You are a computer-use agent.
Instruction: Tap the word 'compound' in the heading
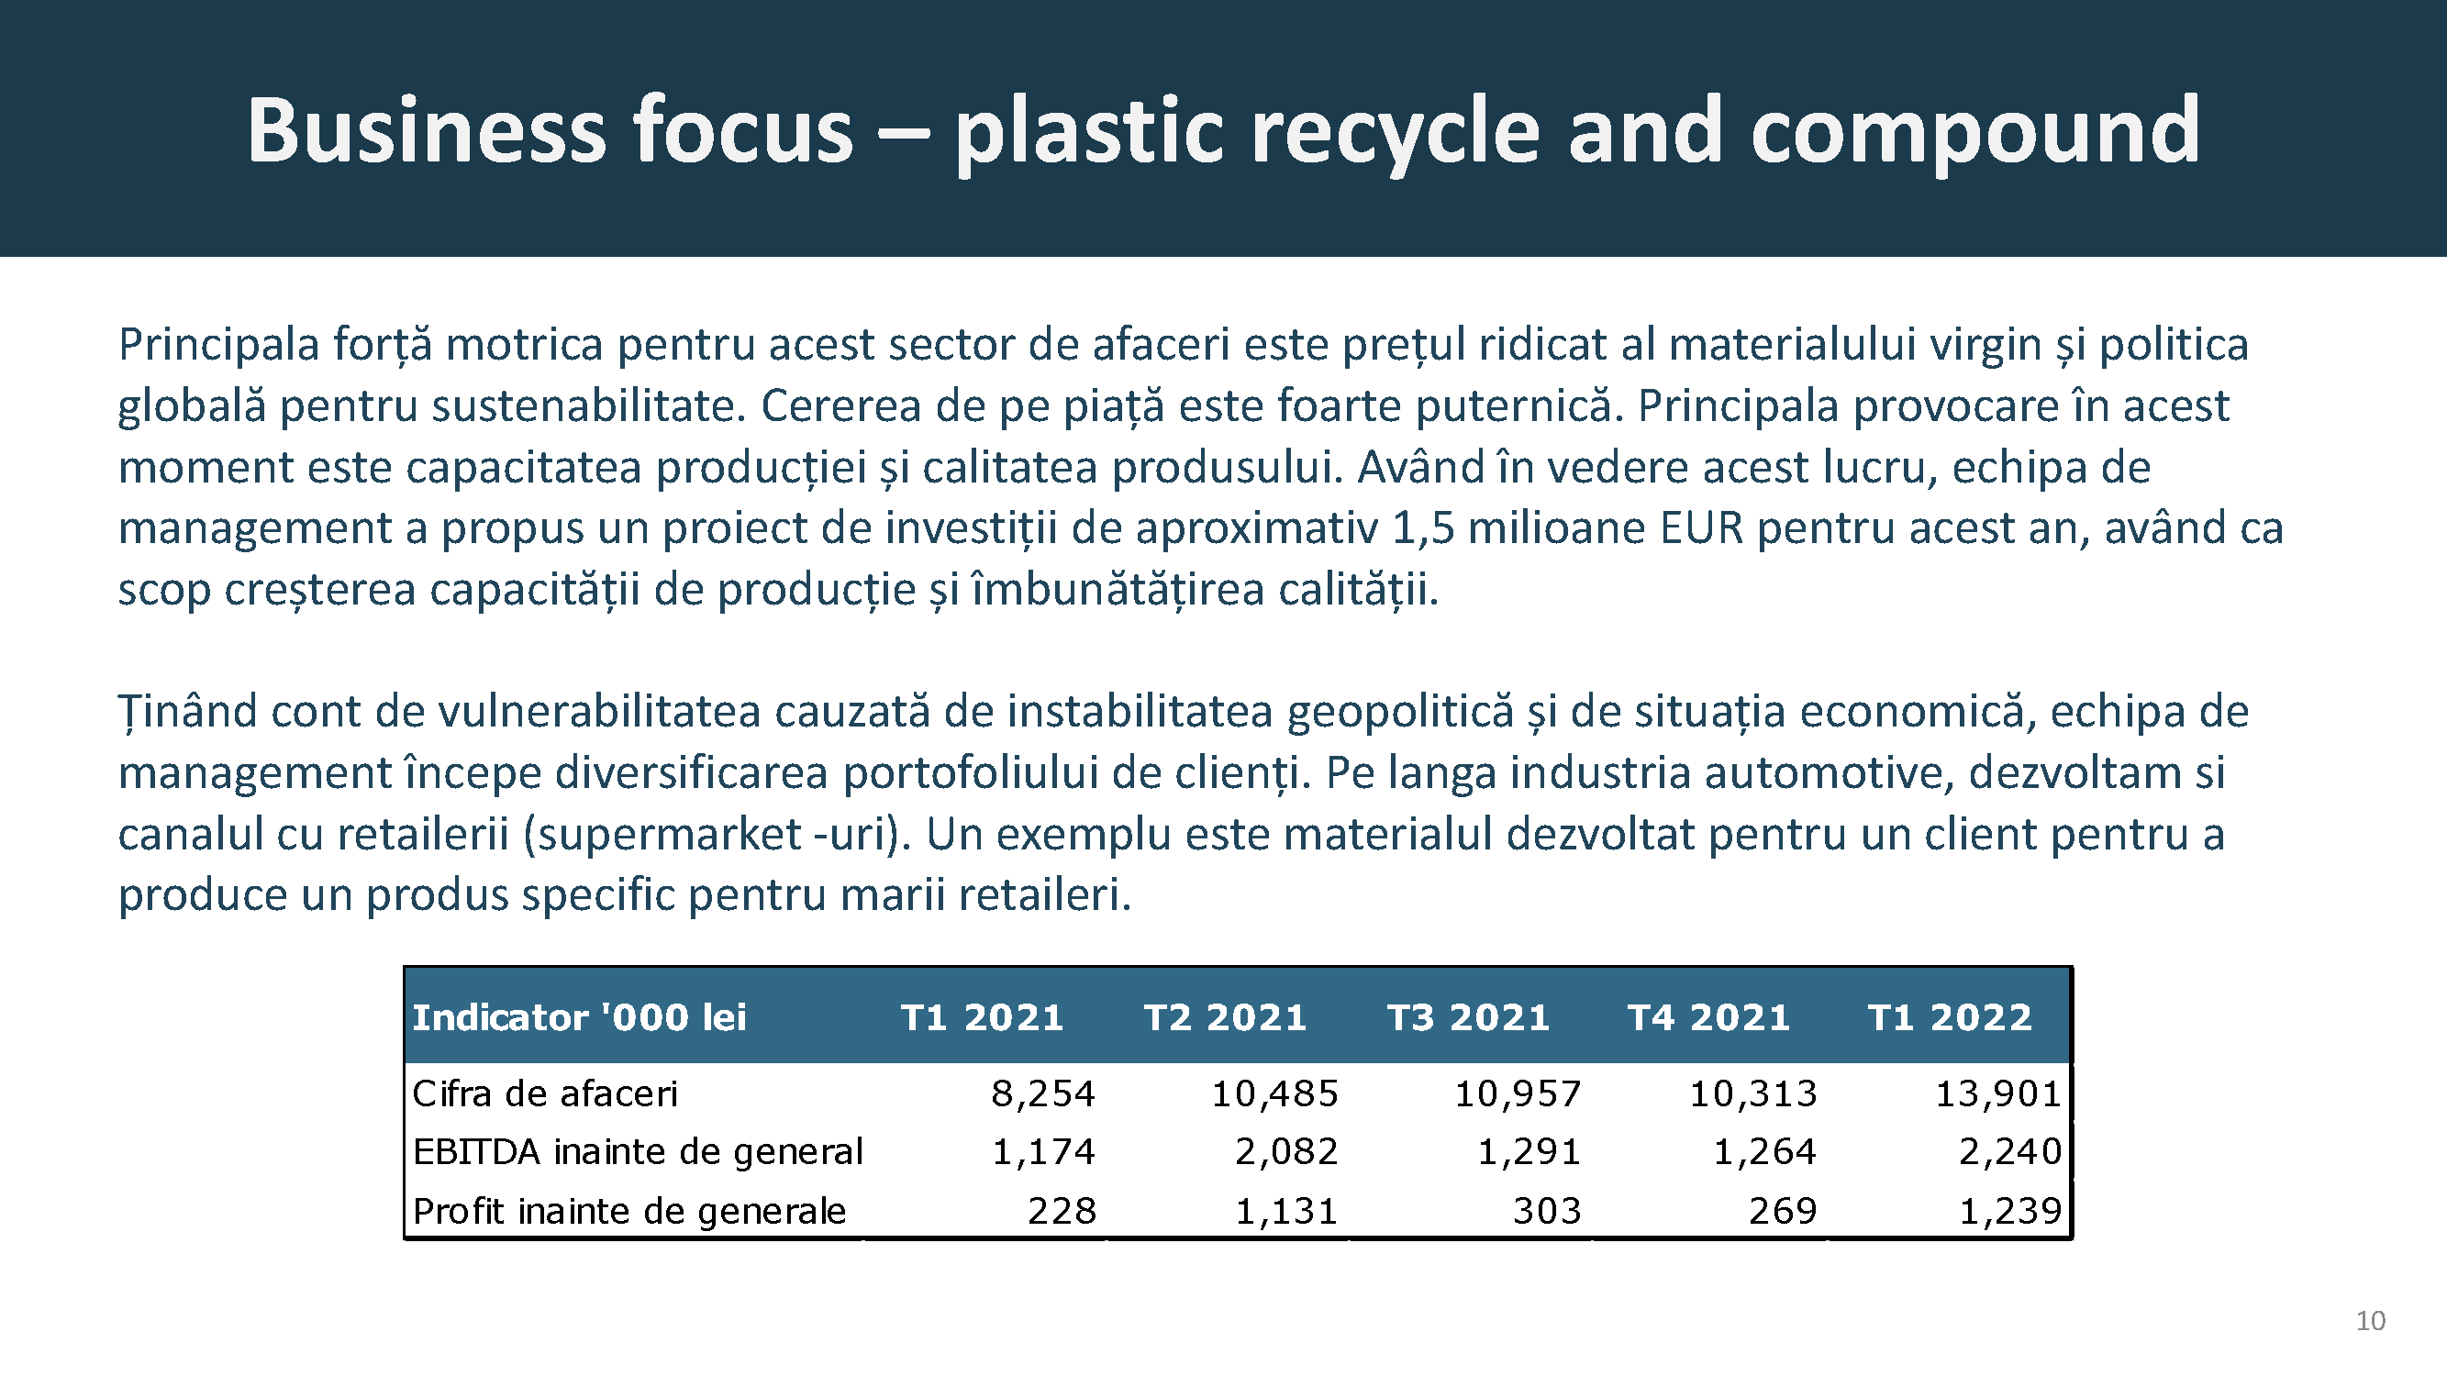point(1974,133)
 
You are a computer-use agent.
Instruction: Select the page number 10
point(2370,1321)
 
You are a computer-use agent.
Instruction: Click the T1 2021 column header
point(981,1017)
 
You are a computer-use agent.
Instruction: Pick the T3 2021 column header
point(1468,1017)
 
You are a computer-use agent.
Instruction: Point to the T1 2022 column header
point(1949,1017)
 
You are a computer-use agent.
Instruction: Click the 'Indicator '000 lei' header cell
point(579,1017)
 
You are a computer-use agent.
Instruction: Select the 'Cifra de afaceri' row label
point(545,1094)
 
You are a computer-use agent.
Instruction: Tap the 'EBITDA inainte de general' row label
point(638,1152)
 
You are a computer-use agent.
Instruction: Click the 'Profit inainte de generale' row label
point(628,1212)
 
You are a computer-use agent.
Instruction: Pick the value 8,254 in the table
point(1043,1094)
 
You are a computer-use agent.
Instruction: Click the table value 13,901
point(1998,1094)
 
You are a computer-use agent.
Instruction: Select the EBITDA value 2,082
point(1286,1152)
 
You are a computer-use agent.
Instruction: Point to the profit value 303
point(1548,1211)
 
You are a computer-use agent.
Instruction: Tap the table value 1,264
point(1765,1152)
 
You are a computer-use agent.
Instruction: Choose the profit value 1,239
point(2010,1211)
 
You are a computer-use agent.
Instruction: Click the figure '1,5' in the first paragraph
point(1422,529)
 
